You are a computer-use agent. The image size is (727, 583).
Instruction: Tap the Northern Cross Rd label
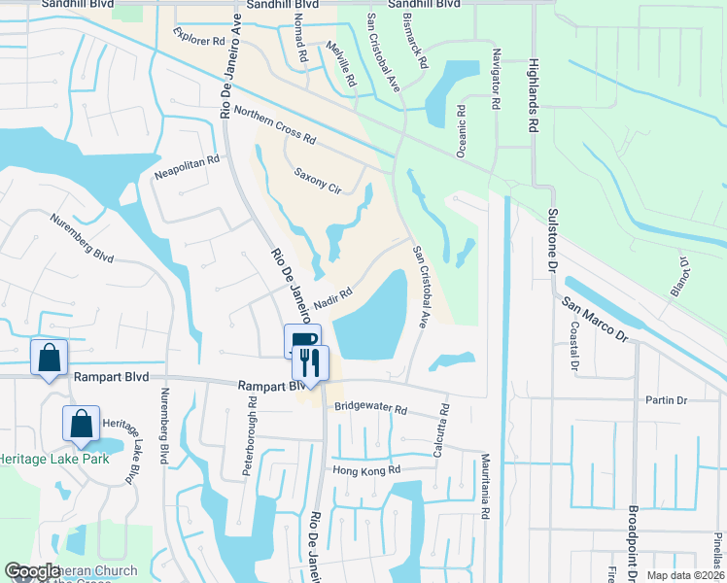pyautogui.click(x=275, y=125)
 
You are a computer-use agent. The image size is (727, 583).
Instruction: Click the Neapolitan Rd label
pyautogui.click(x=181, y=168)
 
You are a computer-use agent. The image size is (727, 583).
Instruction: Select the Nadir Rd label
pyautogui.click(x=332, y=296)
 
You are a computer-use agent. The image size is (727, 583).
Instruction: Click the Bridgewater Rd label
pyautogui.click(x=370, y=410)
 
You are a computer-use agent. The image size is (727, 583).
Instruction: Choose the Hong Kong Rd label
pyautogui.click(x=366, y=470)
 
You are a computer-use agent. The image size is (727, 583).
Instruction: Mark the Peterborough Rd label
pyautogui.click(x=252, y=428)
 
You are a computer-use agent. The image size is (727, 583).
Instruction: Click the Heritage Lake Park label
pyautogui.click(x=54, y=458)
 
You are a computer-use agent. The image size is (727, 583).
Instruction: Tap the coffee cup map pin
pyautogui.click(x=301, y=340)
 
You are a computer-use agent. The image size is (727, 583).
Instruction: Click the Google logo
pyautogui.click(x=32, y=572)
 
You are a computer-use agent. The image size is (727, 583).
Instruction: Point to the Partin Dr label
pyautogui.click(x=667, y=400)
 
